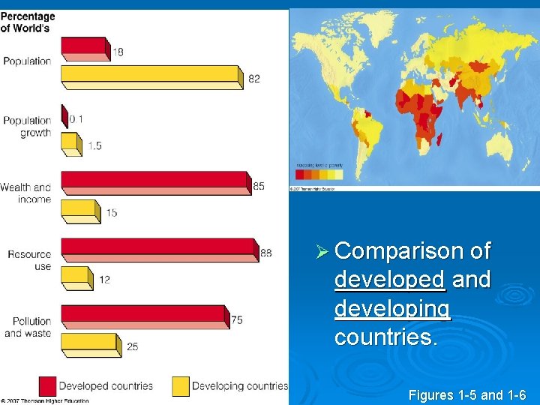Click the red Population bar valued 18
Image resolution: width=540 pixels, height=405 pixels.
click(84, 46)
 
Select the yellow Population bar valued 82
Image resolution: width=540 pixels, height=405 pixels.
click(150, 74)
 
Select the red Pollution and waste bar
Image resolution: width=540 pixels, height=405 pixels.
click(142, 314)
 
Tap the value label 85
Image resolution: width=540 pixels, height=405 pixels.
click(259, 186)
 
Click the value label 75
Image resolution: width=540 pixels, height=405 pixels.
click(237, 320)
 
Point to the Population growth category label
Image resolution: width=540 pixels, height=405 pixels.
click(27, 127)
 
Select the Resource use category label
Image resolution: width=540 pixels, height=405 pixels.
click(30, 260)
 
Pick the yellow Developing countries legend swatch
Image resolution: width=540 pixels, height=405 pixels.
click(180, 385)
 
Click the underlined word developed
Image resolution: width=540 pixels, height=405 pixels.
click(390, 279)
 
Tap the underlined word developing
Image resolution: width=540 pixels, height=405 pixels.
click(392, 308)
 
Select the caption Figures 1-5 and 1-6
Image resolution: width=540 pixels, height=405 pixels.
click(467, 395)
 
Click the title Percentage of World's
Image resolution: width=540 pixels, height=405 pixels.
click(28, 22)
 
